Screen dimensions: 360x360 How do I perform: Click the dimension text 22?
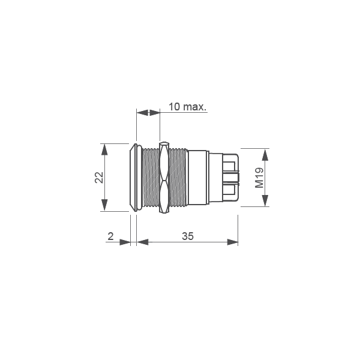pyautogui.click(x=100, y=177)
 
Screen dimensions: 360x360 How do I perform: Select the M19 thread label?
pyautogui.click(x=260, y=178)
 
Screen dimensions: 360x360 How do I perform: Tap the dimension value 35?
pyautogui.click(x=187, y=236)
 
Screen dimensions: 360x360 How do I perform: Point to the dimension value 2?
pyautogui.click(x=110, y=236)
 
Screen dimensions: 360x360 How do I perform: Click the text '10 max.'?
pyautogui.click(x=187, y=107)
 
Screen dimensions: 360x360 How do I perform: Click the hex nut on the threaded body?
pyautogui.click(x=164, y=178)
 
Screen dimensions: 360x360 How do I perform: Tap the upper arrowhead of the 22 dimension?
pyautogui.click(x=105, y=148)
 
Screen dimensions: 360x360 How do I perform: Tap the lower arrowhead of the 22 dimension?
pyautogui.click(x=105, y=207)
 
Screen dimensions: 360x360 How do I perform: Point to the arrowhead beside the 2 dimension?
pyautogui.click(x=125, y=242)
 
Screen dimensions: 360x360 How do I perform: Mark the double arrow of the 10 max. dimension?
pyautogui.click(x=148, y=112)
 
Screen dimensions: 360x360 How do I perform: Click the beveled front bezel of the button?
pyautogui.click(x=133, y=178)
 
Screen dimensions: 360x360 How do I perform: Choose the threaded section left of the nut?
pyautogui.click(x=150, y=178)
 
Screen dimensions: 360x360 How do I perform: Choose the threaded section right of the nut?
pyautogui.click(x=178, y=178)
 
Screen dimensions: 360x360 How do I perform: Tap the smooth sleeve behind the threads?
pyautogui.click(x=197, y=178)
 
